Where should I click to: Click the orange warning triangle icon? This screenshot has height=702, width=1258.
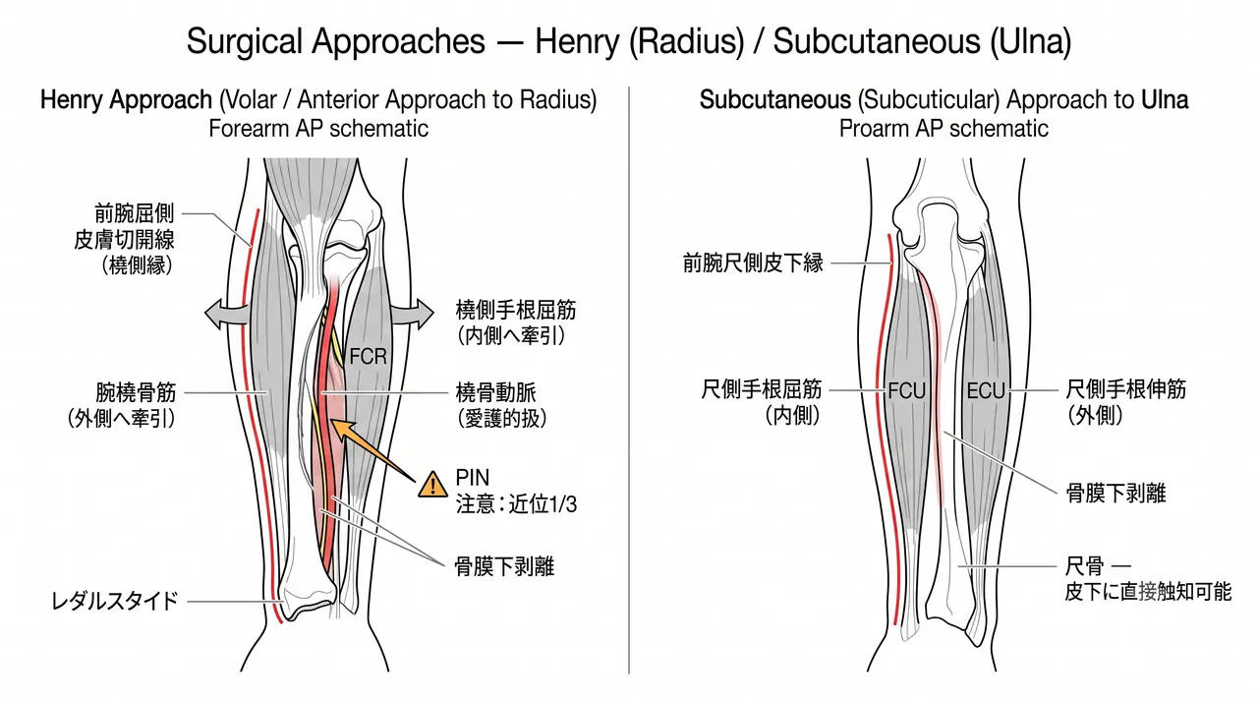pyautogui.click(x=432, y=486)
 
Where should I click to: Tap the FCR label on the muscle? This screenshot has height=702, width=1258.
pyautogui.click(x=368, y=357)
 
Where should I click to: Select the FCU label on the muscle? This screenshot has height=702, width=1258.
pyautogui.click(x=906, y=391)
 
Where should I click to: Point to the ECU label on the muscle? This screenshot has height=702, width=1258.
pyautogui.click(x=986, y=391)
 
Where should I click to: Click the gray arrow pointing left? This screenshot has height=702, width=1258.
pyautogui.click(x=226, y=314)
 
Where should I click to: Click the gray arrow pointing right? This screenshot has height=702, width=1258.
pyautogui.click(x=413, y=314)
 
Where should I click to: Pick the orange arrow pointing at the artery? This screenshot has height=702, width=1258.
pyautogui.click(x=373, y=450)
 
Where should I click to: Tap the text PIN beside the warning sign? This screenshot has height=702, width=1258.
pyautogui.click(x=473, y=478)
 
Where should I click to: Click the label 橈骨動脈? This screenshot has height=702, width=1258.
pyautogui.click(x=496, y=392)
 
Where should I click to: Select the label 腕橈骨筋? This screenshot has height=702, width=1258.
pyautogui.click(x=136, y=392)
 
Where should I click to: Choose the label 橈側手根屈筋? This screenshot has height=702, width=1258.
pyautogui.click(x=516, y=310)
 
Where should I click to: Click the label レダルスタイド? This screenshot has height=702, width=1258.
pyautogui.click(x=115, y=602)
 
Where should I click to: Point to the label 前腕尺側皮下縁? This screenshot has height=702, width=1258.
pyautogui.click(x=753, y=263)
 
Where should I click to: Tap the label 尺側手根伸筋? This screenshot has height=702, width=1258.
pyautogui.click(x=1126, y=389)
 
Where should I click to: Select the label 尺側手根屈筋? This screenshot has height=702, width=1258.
pyautogui.click(x=762, y=389)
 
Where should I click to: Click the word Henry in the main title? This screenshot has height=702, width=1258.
pyautogui.click(x=577, y=41)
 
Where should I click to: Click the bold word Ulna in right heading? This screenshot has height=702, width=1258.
pyautogui.click(x=1165, y=100)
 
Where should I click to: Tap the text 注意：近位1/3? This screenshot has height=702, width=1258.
pyautogui.click(x=516, y=504)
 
